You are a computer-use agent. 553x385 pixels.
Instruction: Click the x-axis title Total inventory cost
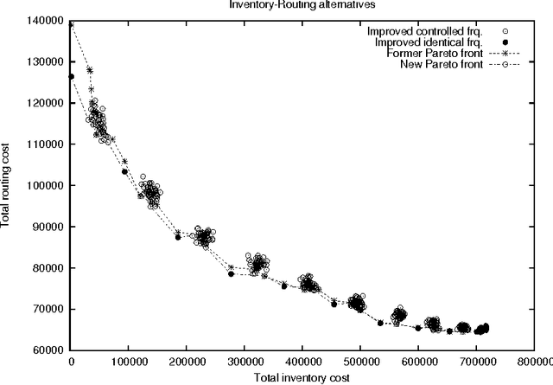(302, 377)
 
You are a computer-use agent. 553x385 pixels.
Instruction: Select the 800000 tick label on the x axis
(534, 363)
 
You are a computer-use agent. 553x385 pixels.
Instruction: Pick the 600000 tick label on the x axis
(418, 363)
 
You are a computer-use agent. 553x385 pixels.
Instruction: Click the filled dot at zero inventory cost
(72, 77)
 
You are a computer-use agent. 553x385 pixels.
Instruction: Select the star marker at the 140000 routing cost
(72, 23)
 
